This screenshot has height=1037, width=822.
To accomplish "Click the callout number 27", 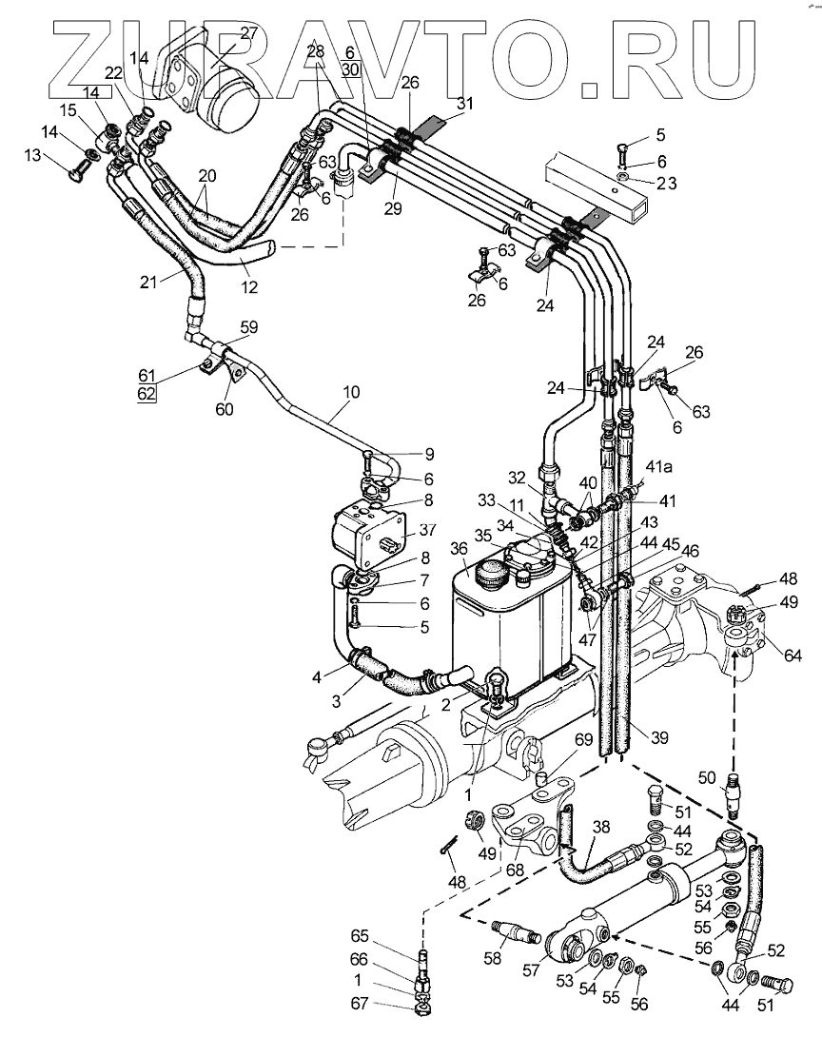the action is coord(248,33).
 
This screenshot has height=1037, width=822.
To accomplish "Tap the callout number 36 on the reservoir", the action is coord(459,548).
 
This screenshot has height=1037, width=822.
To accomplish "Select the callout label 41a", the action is coord(658,467).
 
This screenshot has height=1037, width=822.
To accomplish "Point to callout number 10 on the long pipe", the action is coord(351,392).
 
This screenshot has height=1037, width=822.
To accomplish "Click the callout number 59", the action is coord(248,327).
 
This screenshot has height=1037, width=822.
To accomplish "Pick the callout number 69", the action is coord(583,738).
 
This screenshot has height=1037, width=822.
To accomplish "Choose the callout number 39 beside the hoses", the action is coord(660,736).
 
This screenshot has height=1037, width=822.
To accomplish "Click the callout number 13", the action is coord(32,155).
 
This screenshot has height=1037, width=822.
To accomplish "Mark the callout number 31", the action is coord(465,103).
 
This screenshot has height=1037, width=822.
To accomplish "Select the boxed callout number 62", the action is coord(147,394).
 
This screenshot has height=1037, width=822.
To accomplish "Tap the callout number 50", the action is coord(707,777).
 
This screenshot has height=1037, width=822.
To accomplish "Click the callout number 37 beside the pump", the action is coord(428,530).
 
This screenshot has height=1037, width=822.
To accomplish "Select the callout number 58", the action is coord(493,957).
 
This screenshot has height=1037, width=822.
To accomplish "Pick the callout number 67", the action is coord(359,1004).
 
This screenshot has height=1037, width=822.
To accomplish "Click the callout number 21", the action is coord(148,282).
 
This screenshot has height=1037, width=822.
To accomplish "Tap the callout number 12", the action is coord(249,287).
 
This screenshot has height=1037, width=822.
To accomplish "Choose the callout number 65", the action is coord(359,936).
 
